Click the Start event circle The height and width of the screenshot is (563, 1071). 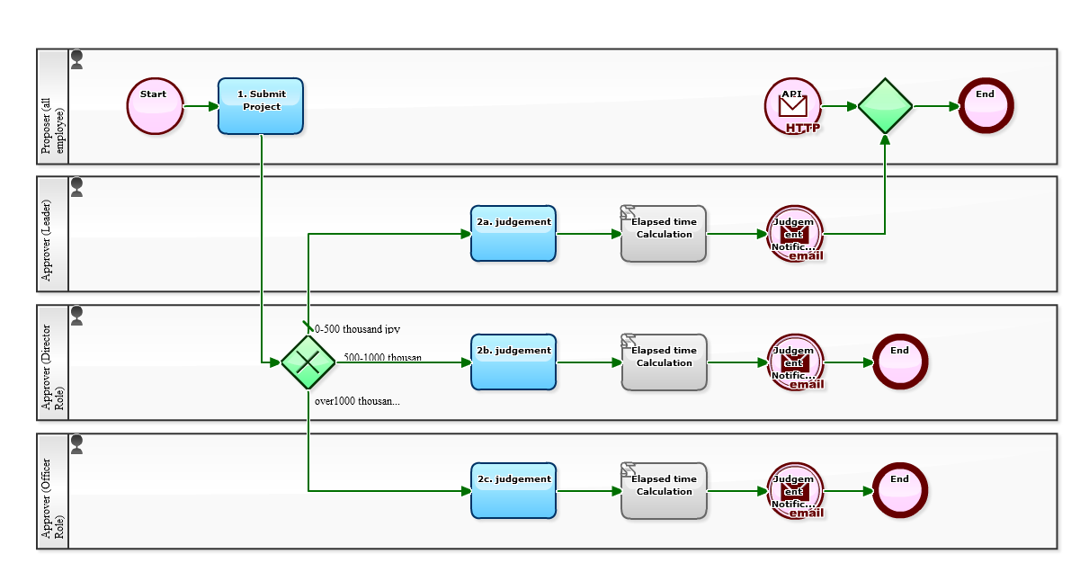pyautogui.click(x=155, y=106)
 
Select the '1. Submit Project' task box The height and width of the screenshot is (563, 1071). pyautogui.click(x=260, y=106)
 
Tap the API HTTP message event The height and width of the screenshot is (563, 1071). pyautogui.click(x=792, y=106)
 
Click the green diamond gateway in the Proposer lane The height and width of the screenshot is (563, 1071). pyautogui.click(x=885, y=106)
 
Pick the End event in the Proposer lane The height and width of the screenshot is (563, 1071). pyautogui.click(x=986, y=106)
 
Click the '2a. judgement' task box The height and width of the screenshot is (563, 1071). pyautogui.click(x=513, y=234)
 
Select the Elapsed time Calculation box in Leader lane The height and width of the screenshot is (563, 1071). pyautogui.click(x=664, y=234)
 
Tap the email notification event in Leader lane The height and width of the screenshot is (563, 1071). pyautogui.click(x=795, y=234)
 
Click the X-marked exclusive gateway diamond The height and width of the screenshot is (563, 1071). pyautogui.click(x=308, y=362)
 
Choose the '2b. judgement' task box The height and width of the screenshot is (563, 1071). pyautogui.click(x=513, y=362)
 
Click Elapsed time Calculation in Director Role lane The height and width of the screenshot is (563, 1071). pyautogui.click(x=664, y=362)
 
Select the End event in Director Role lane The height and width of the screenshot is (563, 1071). pyautogui.click(x=899, y=362)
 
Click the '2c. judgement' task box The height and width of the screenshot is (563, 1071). pyautogui.click(x=513, y=491)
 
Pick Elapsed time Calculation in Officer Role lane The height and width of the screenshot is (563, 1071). pyautogui.click(x=664, y=491)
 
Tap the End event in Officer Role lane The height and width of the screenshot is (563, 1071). pyautogui.click(x=899, y=491)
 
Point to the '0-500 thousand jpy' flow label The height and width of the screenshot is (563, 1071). pyautogui.click(x=358, y=329)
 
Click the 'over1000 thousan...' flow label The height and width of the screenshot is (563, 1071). pyautogui.click(x=357, y=401)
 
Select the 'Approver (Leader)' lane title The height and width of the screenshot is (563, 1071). pyautogui.click(x=52, y=235)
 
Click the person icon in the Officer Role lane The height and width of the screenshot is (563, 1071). pyautogui.click(x=76, y=444)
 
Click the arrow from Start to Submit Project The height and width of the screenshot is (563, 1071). pyautogui.click(x=200, y=106)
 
